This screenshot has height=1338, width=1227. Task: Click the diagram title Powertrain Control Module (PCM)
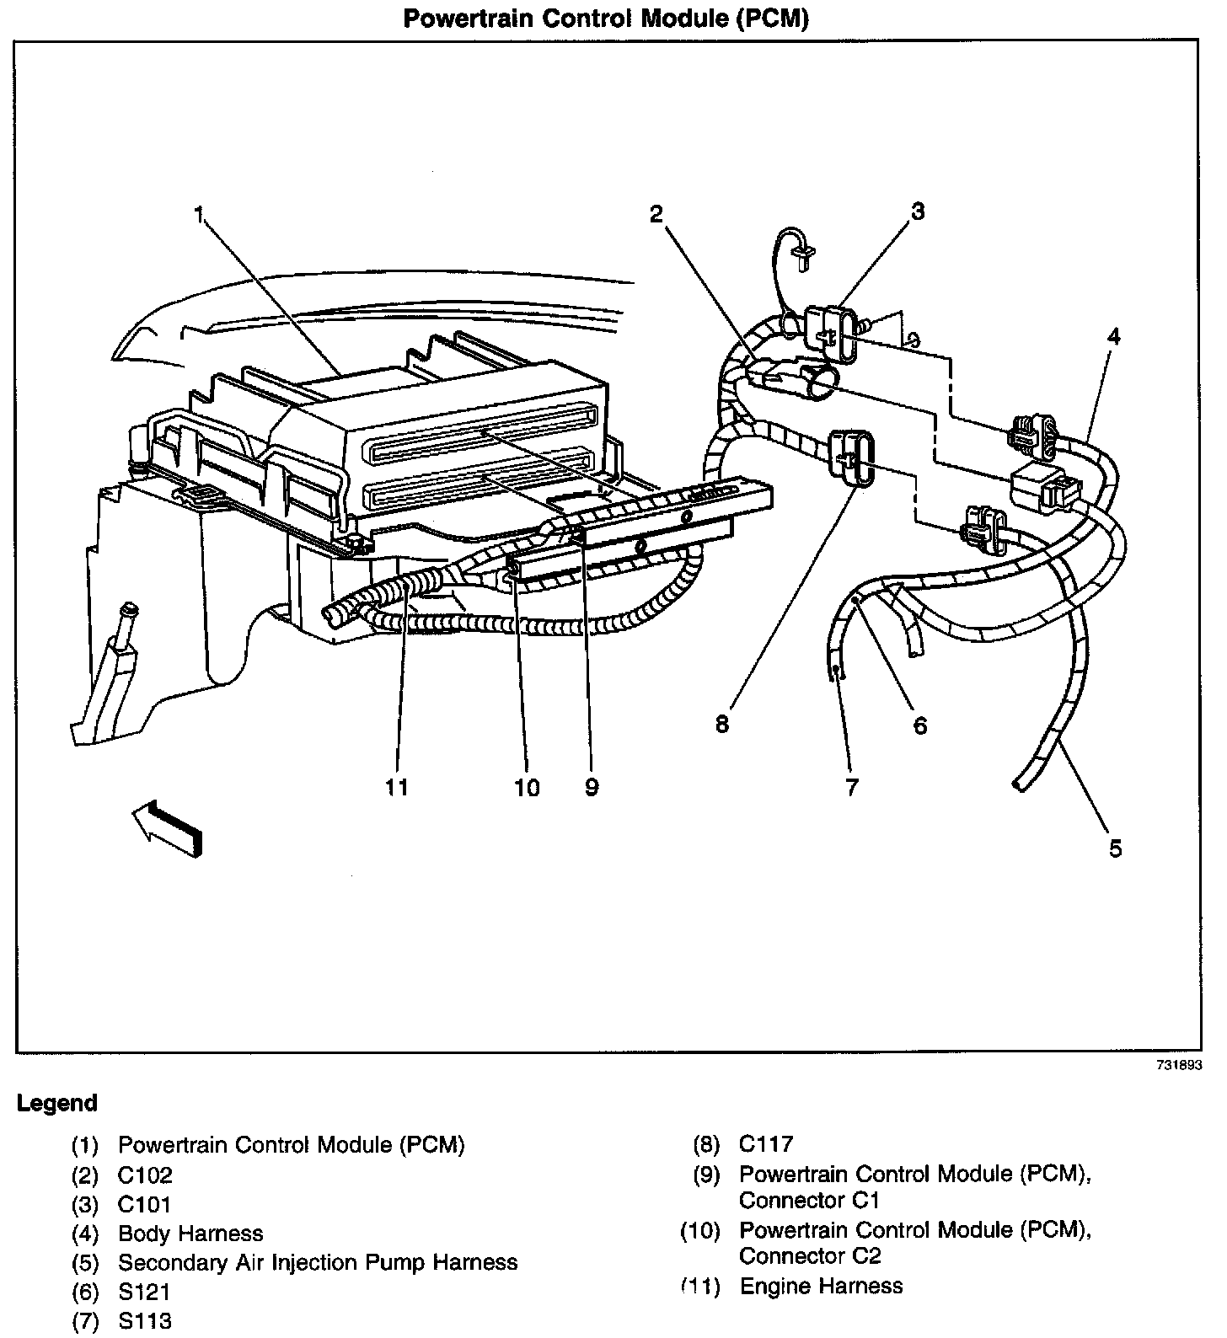606,19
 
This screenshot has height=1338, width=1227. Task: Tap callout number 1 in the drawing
200,215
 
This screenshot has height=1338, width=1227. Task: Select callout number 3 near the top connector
918,211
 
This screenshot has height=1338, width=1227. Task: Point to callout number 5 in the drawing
1115,848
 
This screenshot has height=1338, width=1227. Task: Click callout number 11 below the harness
397,787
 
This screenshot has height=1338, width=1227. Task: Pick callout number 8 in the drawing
722,724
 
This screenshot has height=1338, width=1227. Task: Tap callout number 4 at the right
1114,337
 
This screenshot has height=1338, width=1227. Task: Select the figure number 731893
1179,1065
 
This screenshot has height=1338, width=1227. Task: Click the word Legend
57,1103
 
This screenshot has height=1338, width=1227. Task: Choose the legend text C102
145,1175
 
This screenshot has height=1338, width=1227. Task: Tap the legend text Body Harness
190,1234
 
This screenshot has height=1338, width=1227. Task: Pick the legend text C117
766,1144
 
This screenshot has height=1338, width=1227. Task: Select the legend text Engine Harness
821,1286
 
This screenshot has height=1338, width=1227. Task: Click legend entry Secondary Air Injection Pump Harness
318,1262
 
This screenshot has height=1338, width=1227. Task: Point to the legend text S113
144,1320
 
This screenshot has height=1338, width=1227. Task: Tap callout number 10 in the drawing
527,787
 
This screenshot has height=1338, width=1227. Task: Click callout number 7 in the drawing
852,787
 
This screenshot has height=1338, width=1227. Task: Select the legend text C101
144,1204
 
